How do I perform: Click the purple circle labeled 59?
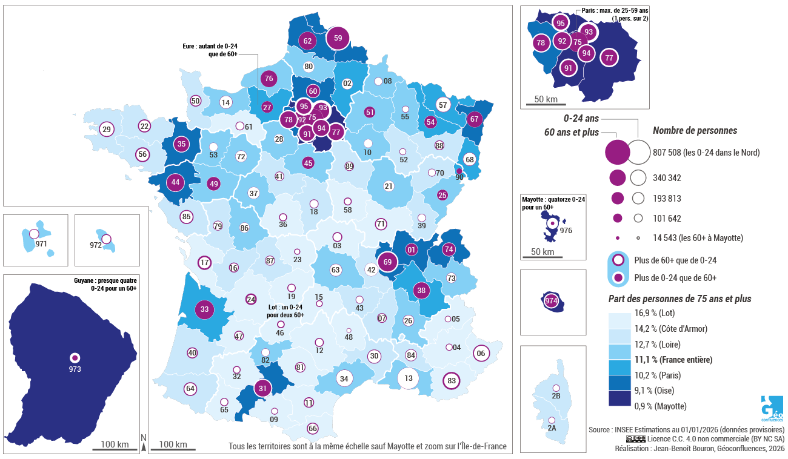point(338,38)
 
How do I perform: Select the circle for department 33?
point(205,309)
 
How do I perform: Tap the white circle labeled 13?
point(409,378)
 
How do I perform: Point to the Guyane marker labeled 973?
point(75,358)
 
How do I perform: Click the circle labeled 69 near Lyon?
point(387,263)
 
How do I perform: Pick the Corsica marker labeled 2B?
point(555,388)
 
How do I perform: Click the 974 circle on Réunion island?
point(552,301)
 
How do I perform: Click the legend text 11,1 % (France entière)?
point(673,359)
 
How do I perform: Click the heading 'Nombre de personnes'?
point(695,130)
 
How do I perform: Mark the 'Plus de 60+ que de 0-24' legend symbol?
point(618,260)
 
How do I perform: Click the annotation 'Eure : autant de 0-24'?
point(210,45)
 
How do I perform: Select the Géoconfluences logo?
point(771,409)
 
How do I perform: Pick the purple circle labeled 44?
point(175,182)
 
